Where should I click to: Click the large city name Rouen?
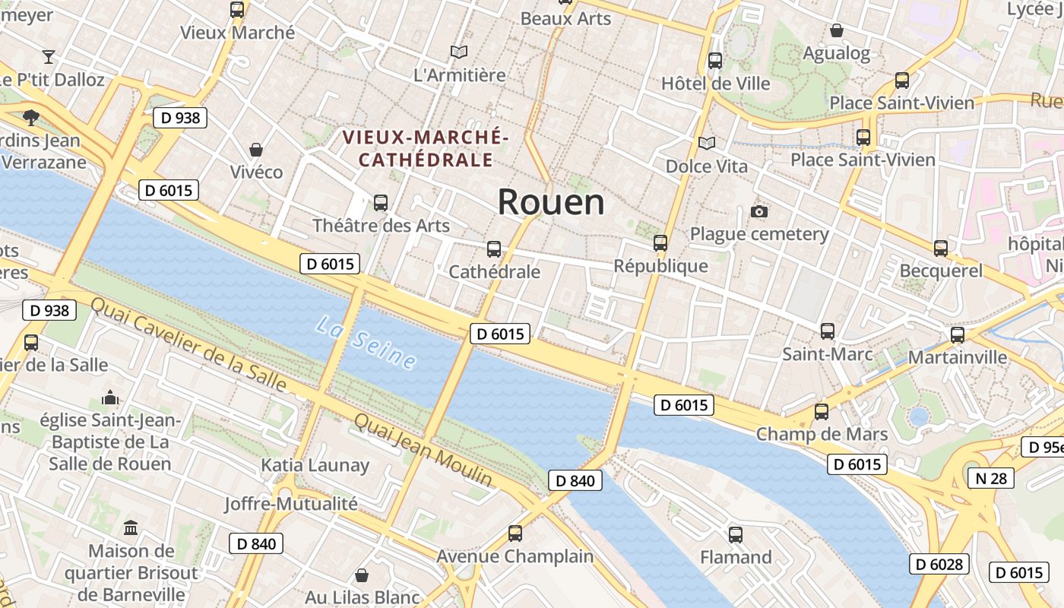click(x=551, y=202)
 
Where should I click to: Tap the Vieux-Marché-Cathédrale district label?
click(x=425, y=148)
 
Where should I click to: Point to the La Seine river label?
click(x=366, y=343)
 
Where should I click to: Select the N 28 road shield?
click(x=990, y=477)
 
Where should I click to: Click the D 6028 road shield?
click(x=939, y=564)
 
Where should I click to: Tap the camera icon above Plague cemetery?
click(x=758, y=211)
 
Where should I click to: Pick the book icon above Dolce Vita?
click(x=707, y=143)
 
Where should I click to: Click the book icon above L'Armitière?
click(x=458, y=52)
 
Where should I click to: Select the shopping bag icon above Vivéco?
click(x=256, y=149)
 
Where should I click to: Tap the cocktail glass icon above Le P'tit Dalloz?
click(x=49, y=56)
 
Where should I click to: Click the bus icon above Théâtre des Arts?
click(x=381, y=203)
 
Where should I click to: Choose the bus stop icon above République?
click(x=660, y=243)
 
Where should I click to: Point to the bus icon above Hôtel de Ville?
click(x=715, y=61)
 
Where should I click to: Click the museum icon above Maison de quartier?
click(x=131, y=527)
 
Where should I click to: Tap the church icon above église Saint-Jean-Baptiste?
click(x=110, y=397)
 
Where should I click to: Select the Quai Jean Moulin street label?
click(x=423, y=450)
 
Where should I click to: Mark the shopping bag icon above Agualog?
click(x=836, y=30)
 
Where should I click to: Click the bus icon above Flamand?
click(x=735, y=534)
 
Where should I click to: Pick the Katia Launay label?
click(x=315, y=465)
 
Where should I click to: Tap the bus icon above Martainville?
click(x=958, y=334)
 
